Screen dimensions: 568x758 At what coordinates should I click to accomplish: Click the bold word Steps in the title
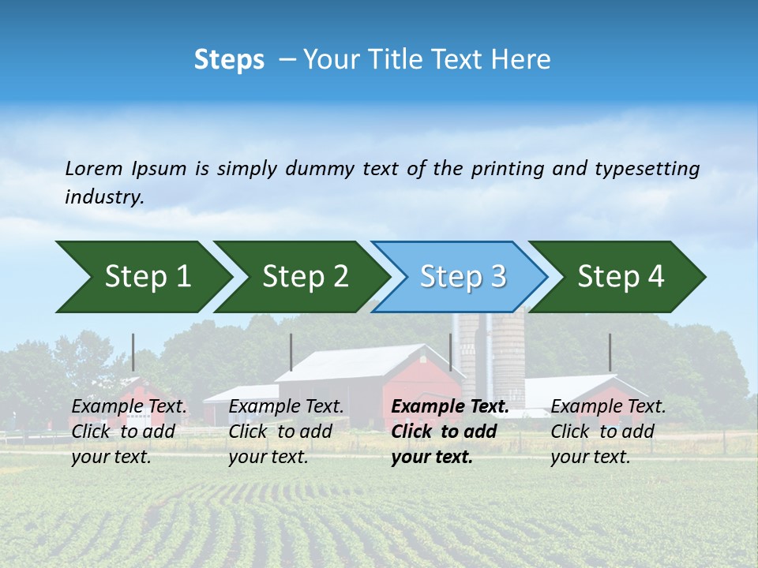229,60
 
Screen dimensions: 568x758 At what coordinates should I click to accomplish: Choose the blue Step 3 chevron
463,276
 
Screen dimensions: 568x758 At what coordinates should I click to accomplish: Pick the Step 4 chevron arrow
621,276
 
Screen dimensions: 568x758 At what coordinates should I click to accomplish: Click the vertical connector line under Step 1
133,352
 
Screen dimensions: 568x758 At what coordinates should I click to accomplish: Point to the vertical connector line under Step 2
291,352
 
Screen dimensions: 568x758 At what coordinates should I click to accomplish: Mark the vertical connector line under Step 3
451,352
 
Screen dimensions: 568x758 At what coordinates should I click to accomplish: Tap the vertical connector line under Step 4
610,352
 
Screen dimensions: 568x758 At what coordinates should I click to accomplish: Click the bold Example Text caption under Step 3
450,432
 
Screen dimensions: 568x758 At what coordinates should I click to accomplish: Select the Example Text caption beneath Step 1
129,432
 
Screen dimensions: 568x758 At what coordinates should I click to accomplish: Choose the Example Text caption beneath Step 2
286,432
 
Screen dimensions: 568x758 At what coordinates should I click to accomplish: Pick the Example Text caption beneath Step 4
608,432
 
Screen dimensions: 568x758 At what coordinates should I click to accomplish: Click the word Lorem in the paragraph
94,168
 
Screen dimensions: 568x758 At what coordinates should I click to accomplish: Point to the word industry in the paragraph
104,197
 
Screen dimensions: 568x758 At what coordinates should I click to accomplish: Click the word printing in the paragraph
505,168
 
